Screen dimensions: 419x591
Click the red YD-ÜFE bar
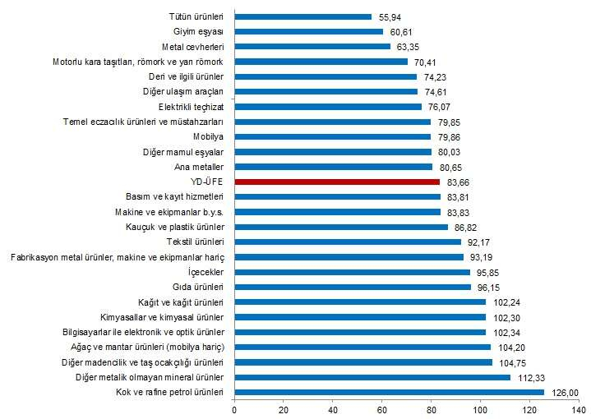click(x=337, y=182)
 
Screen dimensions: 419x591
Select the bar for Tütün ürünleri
click(x=303, y=16)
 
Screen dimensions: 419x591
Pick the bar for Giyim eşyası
click(x=309, y=31)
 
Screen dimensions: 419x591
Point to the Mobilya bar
click(x=333, y=136)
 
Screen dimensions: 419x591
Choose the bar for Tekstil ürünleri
click(x=348, y=242)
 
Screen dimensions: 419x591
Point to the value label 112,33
click(x=529, y=377)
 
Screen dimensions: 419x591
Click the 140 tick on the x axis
click(x=578, y=408)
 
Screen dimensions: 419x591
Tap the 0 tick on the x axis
click(x=234, y=408)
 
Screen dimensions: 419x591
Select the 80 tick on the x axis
click(x=431, y=408)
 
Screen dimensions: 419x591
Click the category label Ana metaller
click(x=201, y=167)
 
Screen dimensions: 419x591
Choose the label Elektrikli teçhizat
click(x=192, y=106)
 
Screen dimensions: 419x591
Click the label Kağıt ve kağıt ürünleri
click(x=182, y=302)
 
